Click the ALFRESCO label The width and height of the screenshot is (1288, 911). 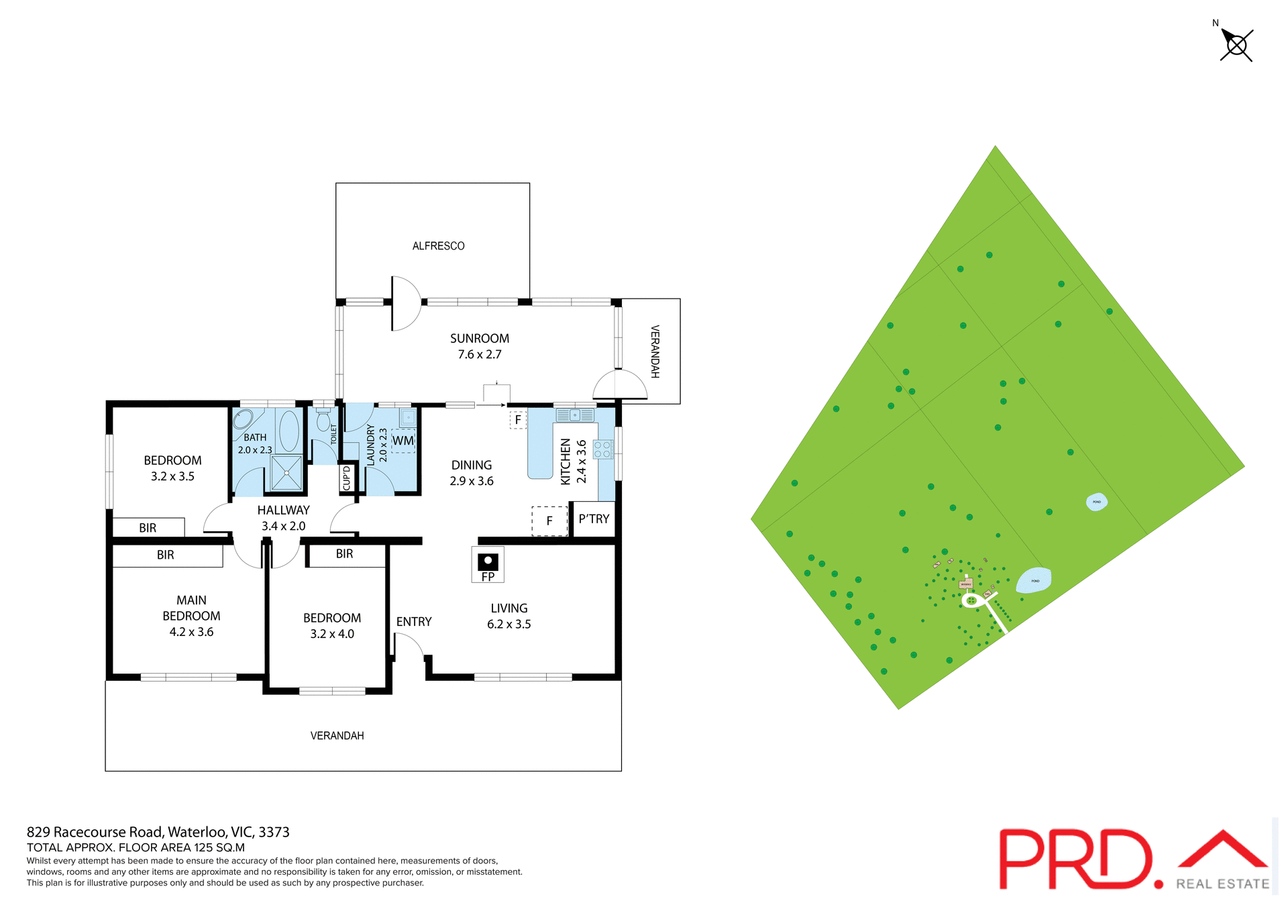(x=438, y=246)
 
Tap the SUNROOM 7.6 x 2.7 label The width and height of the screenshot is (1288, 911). (x=479, y=346)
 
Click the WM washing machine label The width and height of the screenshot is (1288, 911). (x=402, y=441)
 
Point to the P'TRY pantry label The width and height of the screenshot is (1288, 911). (x=594, y=519)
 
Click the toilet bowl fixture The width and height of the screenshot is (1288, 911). (x=323, y=421)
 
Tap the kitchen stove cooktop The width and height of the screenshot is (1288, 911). (x=602, y=449)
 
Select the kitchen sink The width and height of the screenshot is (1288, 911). (x=574, y=415)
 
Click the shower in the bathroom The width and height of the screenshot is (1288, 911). (x=286, y=472)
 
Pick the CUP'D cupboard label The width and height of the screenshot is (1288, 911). (x=347, y=478)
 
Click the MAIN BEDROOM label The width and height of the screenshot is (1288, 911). (x=191, y=616)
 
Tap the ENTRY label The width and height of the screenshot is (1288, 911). (x=414, y=622)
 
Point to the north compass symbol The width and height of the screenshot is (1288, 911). (x=1236, y=45)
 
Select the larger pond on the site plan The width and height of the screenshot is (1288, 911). (x=1034, y=580)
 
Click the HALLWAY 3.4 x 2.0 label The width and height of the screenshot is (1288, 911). (x=283, y=518)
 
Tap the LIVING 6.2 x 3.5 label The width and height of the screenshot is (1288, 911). (x=508, y=616)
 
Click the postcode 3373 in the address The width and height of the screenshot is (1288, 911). (x=274, y=832)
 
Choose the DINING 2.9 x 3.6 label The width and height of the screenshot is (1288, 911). (x=472, y=473)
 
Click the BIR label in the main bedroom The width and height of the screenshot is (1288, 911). (x=166, y=555)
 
